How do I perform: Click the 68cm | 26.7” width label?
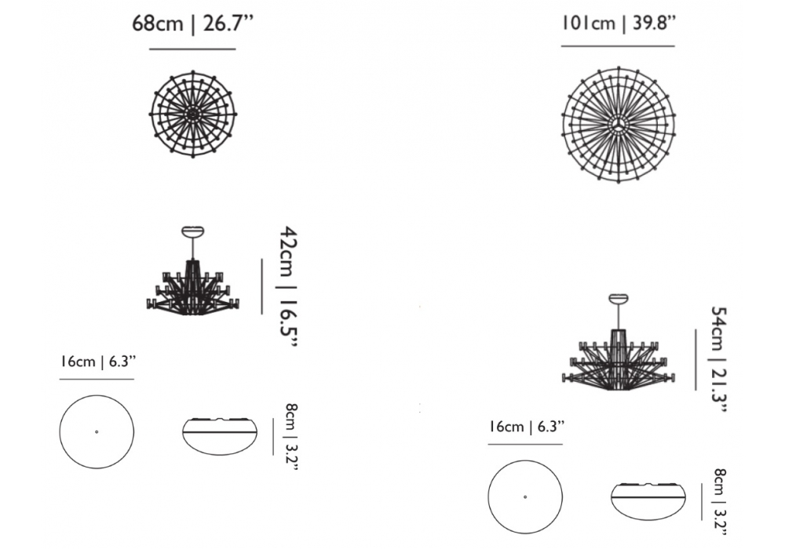(x=193, y=24)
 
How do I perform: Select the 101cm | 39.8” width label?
(x=619, y=23)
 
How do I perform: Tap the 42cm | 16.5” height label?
(x=287, y=288)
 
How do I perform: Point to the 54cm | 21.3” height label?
(x=718, y=359)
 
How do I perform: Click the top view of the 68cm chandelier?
(x=193, y=114)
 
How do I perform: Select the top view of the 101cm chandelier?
(x=619, y=125)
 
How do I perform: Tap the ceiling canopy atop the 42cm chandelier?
(x=193, y=231)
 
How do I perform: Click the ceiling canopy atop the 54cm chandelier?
(x=619, y=300)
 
